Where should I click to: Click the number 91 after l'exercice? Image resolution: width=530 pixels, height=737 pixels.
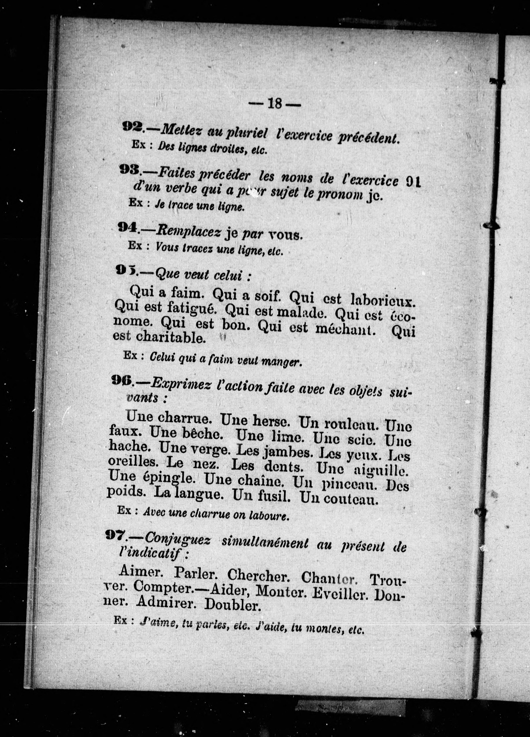(x=413, y=182)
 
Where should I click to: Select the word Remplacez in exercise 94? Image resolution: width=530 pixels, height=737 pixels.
(x=188, y=232)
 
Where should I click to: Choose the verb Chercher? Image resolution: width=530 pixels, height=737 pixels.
(x=257, y=575)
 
